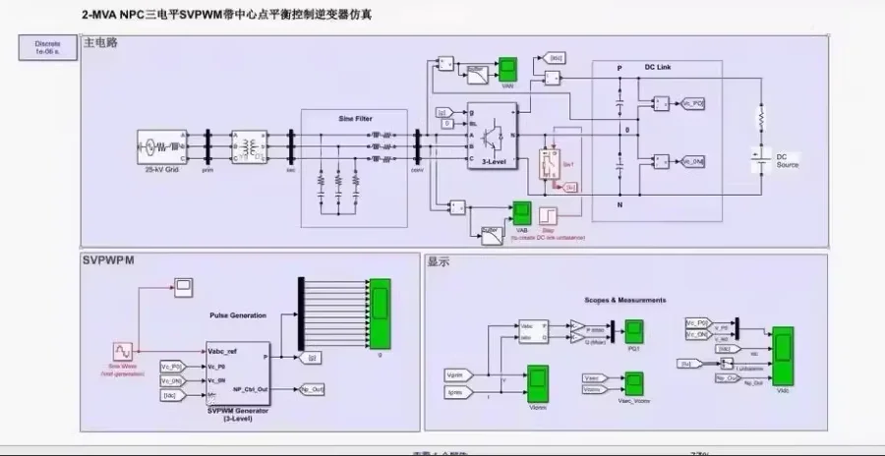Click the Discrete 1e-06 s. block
(x=47, y=48)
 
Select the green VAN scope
(x=508, y=69)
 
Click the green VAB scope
(x=521, y=213)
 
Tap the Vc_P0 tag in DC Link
(x=693, y=103)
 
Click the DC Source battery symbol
(x=758, y=155)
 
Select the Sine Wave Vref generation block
(x=123, y=351)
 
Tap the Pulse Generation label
(x=238, y=315)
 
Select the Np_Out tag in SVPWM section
(x=313, y=389)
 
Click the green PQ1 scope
(x=635, y=331)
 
